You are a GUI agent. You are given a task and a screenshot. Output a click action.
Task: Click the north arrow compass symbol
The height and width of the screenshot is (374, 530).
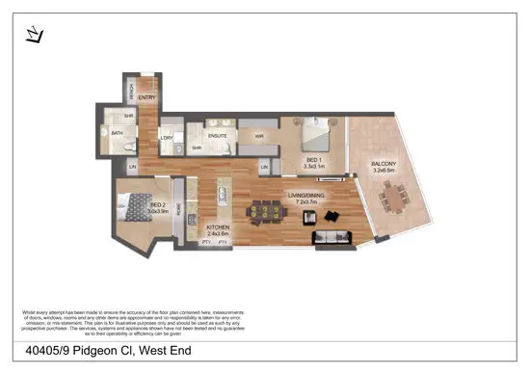tap(35, 35)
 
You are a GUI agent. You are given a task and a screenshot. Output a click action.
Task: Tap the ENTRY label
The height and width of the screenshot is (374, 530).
tap(147, 97)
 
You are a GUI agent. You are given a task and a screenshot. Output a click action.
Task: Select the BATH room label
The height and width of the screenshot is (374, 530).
tap(116, 134)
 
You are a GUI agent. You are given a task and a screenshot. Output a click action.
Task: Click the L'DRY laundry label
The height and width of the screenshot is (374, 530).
tap(168, 138)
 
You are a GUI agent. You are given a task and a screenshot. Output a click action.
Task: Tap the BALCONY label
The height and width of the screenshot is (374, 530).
tap(384, 164)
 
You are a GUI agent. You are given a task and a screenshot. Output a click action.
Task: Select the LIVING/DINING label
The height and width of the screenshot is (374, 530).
tap(306, 195)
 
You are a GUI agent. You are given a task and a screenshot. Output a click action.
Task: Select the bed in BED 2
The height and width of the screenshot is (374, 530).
tap(133, 205)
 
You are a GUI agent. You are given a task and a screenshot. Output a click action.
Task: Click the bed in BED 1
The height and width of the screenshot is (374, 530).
tap(315, 131)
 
